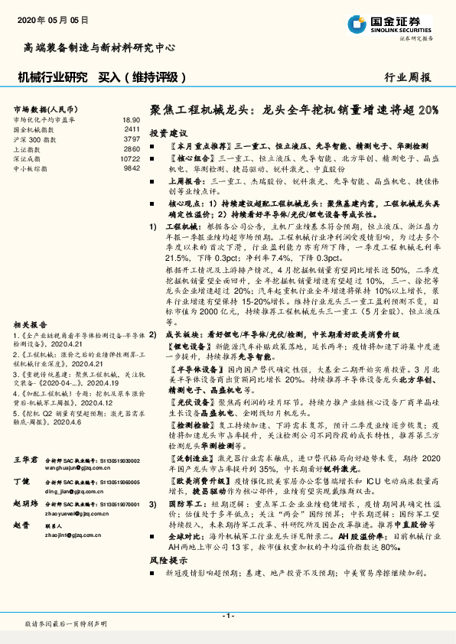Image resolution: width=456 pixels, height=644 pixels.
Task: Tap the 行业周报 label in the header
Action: click(x=408, y=77)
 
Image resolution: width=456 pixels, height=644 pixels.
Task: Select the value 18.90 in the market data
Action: click(x=132, y=120)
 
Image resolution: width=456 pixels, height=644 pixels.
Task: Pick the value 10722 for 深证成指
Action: click(x=130, y=158)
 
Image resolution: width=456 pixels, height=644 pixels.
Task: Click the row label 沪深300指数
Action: click(x=34, y=139)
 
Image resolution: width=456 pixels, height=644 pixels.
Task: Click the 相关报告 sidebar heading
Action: click(x=30, y=324)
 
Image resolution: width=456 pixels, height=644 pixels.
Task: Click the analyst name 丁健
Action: click(x=21, y=483)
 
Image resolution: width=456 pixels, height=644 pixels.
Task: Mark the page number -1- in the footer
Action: click(x=227, y=616)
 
